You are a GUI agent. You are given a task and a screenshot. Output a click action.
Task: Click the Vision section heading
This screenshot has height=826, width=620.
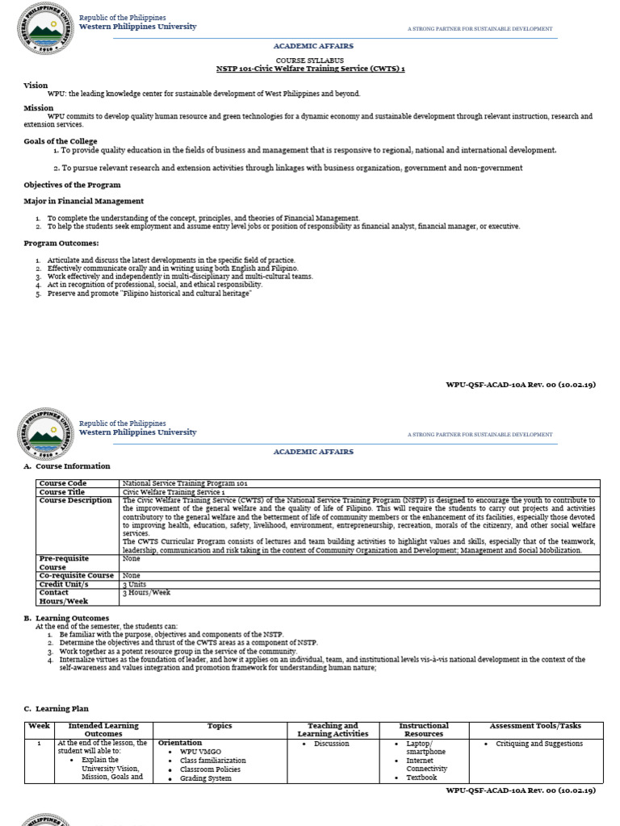click(x=36, y=85)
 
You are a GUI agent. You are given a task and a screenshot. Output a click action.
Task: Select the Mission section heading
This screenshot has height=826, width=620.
click(x=38, y=107)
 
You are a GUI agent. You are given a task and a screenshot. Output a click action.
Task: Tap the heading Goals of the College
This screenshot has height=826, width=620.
click(x=61, y=141)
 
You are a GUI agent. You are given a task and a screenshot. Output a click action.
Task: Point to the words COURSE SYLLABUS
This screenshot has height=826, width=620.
click(x=309, y=60)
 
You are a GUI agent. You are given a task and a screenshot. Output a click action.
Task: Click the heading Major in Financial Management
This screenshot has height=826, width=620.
click(x=83, y=201)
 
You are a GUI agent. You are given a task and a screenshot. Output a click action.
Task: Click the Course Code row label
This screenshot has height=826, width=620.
click(x=63, y=483)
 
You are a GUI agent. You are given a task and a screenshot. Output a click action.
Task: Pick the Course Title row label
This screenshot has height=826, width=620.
click(x=62, y=492)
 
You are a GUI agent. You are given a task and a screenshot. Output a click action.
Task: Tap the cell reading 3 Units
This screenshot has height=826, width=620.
click(x=135, y=584)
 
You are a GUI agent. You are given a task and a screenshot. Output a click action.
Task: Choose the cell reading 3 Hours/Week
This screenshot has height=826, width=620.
click(x=146, y=593)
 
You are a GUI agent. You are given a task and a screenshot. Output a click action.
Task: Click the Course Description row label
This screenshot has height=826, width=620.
click(x=76, y=501)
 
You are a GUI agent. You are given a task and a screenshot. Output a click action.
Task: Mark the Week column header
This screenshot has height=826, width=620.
click(x=39, y=726)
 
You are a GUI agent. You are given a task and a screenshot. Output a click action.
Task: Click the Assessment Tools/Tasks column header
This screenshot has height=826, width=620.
click(x=535, y=726)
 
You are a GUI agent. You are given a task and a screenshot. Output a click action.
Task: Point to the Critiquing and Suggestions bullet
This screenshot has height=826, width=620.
click(x=538, y=744)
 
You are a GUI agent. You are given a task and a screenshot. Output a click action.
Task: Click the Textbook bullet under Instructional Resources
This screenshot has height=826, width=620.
click(x=421, y=778)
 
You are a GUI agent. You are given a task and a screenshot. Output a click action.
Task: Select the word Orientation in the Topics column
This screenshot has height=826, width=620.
click(x=180, y=743)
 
